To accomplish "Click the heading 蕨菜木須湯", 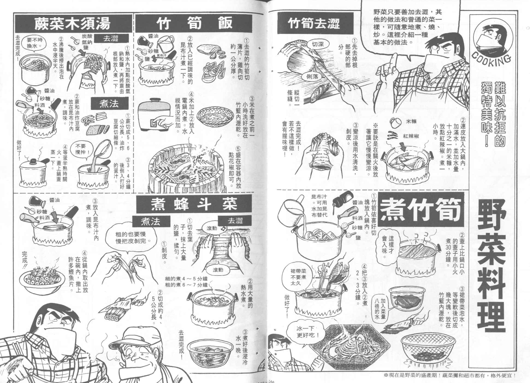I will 72,24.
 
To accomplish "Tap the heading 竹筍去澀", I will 314,24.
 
